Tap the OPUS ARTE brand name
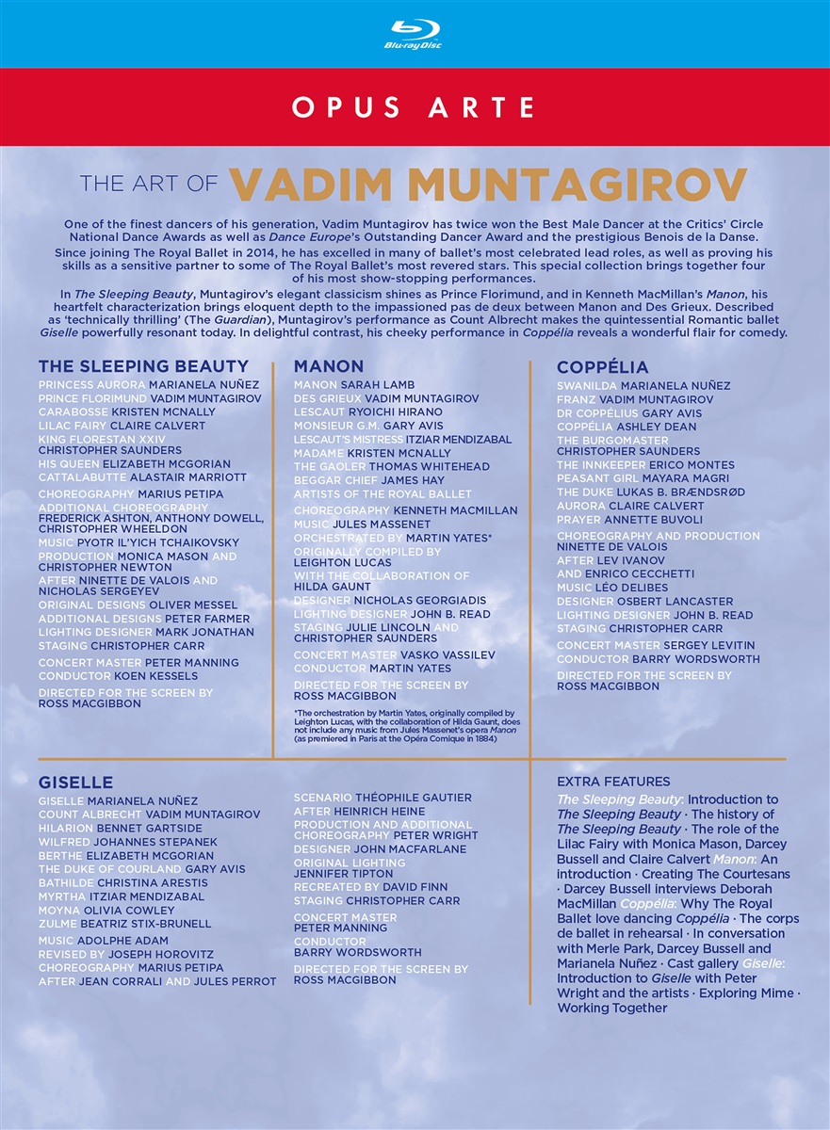[x=415, y=107]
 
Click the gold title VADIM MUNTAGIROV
[x=488, y=184]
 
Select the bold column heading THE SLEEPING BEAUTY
[x=143, y=366]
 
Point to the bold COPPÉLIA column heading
[x=602, y=366]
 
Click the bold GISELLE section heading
[x=75, y=783]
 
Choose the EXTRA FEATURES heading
[x=613, y=782]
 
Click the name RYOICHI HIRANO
[x=395, y=412]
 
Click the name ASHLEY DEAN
[x=657, y=427]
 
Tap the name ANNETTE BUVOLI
[x=657, y=519]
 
